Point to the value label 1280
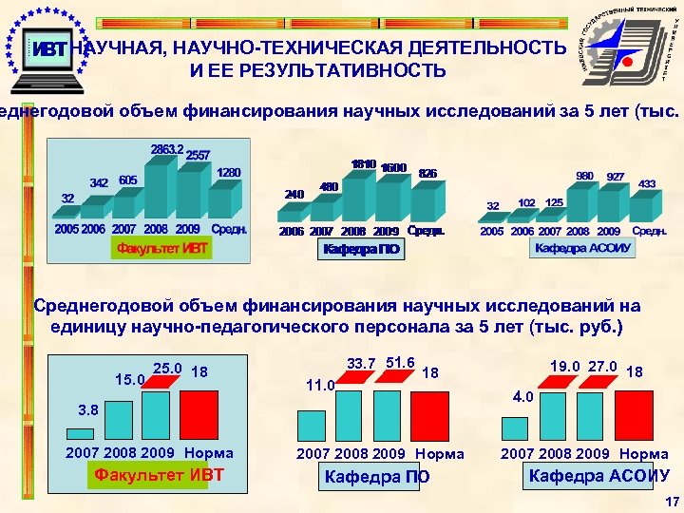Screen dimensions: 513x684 point(229,173)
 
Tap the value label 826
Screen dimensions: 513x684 point(427,174)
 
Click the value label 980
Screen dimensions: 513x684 point(585,176)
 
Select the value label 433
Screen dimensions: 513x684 point(648,183)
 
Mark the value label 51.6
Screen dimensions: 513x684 point(400,362)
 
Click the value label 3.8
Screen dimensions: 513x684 point(87,409)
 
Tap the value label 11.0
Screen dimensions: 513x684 point(321,386)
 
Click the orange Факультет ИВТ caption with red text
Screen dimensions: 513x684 point(161,249)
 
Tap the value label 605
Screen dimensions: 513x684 point(128,180)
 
